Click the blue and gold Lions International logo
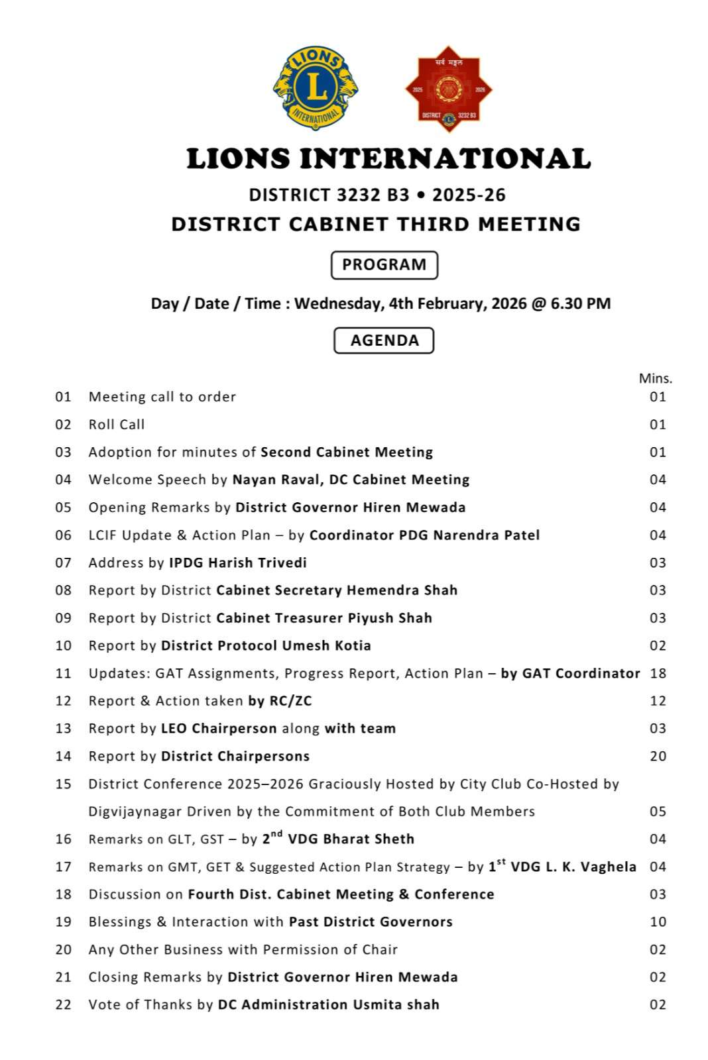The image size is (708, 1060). [x=316, y=88]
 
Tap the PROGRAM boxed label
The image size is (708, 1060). [x=384, y=265]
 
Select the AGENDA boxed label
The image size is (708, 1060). [x=384, y=341]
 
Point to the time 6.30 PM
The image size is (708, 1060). [x=580, y=304]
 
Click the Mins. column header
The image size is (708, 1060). [x=655, y=378]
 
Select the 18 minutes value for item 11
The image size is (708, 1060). [x=658, y=674]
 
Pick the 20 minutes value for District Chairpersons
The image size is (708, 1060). [x=658, y=757]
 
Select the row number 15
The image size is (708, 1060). [x=63, y=784]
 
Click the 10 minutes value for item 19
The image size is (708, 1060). [x=658, y=922]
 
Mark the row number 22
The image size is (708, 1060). [x=63, y=1005]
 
